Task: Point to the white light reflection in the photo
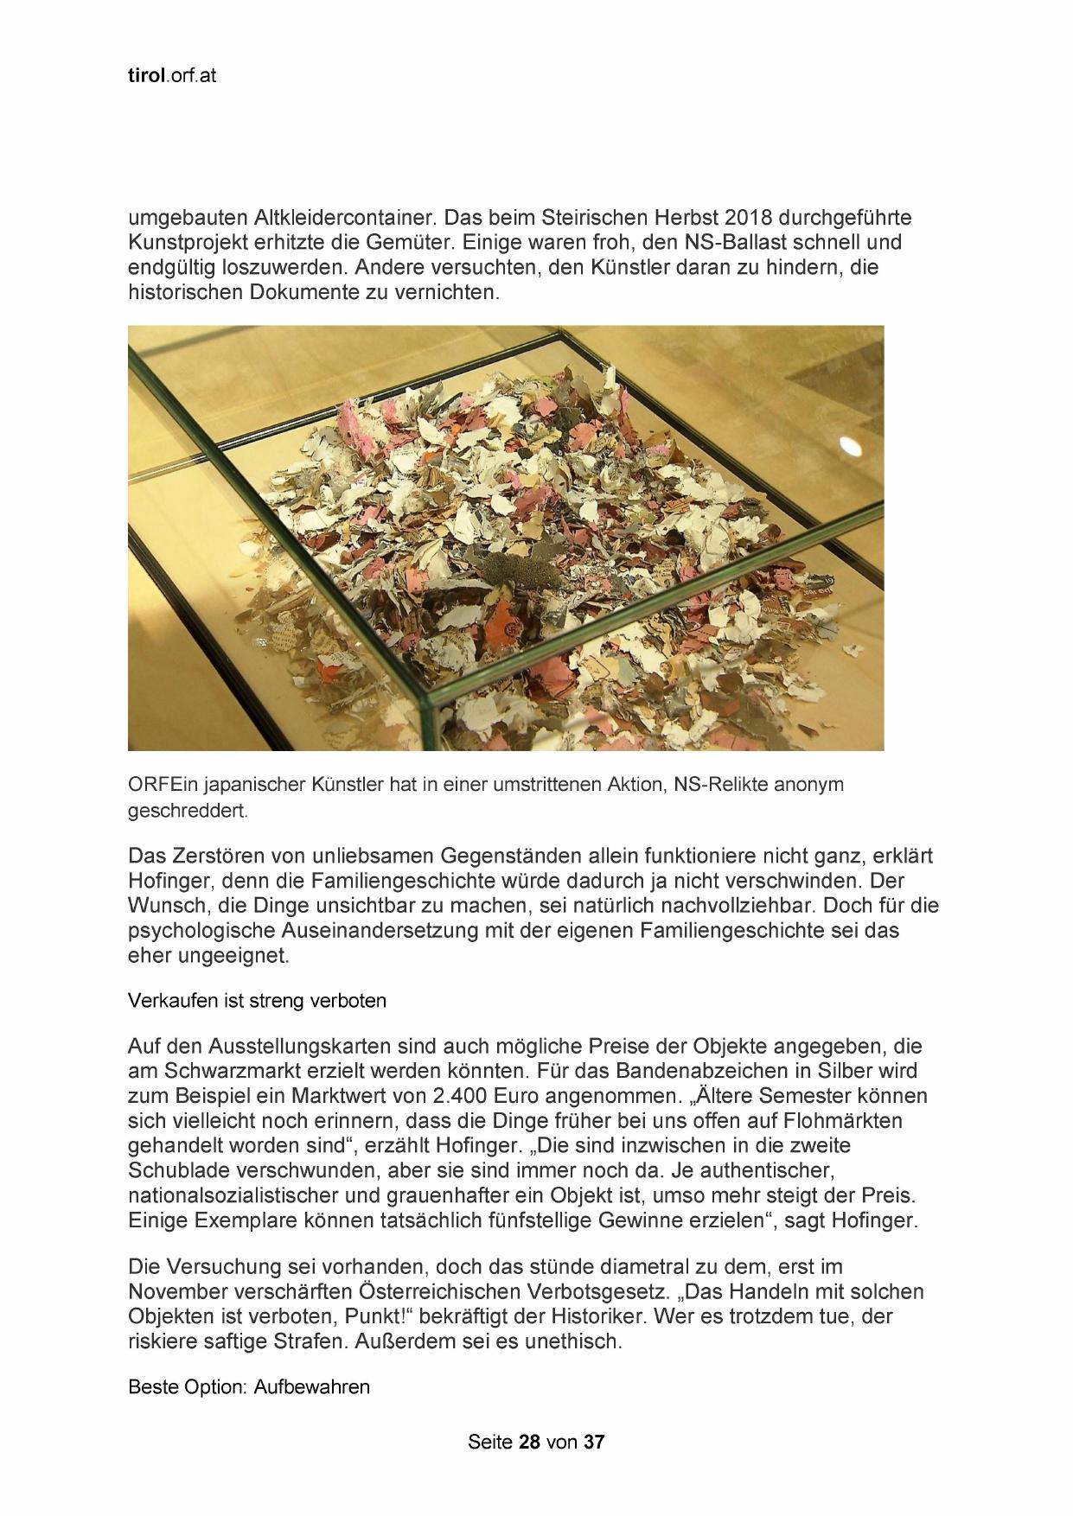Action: pyautogui.click(x=851, y=446)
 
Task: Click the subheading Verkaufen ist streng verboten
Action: pyautogui.click(x=257, y=1001)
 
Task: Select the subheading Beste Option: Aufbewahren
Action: pyautogui.click(x=249, y=1387)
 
